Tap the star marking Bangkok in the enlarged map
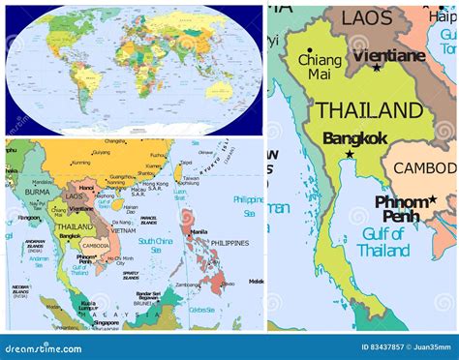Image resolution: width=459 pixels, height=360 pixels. (x=351, y=154)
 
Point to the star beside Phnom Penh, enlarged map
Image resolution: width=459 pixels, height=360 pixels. (x=432, y=199)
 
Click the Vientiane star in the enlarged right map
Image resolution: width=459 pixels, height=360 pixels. (x=377, y=67)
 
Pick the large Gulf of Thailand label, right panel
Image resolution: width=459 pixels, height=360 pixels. (x=382, y=242)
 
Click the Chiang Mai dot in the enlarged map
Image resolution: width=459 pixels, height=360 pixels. (x=308, y=51)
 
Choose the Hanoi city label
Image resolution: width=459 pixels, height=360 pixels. (x=86, y=187)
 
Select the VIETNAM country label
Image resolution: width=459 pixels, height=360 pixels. (x=123, y=231)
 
